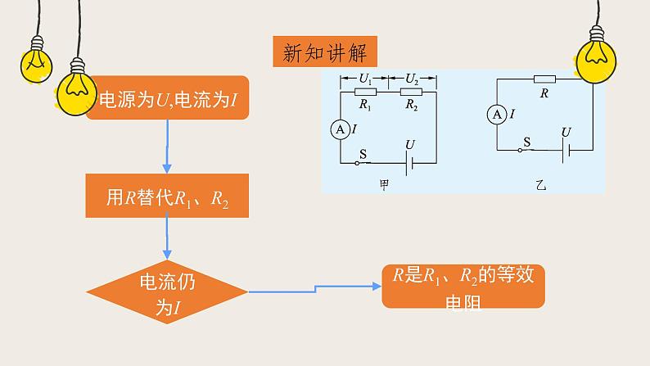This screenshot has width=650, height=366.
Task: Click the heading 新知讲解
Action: click(325, 53)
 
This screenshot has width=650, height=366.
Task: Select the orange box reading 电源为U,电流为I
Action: click(168, 99)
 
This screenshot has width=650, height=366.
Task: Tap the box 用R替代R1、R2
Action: click(167, 197)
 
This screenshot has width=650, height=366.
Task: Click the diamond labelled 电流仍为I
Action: click(168, 291)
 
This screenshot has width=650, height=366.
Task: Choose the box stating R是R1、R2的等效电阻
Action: click(463, 287)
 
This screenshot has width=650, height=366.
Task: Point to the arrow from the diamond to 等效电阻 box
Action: click(315, 287)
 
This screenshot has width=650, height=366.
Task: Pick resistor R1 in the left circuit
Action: click(365, 93)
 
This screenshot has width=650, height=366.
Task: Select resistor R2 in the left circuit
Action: click(411, 93)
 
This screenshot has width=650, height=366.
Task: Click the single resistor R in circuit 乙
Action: click(544, 79)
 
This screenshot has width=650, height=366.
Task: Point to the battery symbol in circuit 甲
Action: click(410, 162)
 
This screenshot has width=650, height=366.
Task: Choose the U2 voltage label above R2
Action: click(412, 79)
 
